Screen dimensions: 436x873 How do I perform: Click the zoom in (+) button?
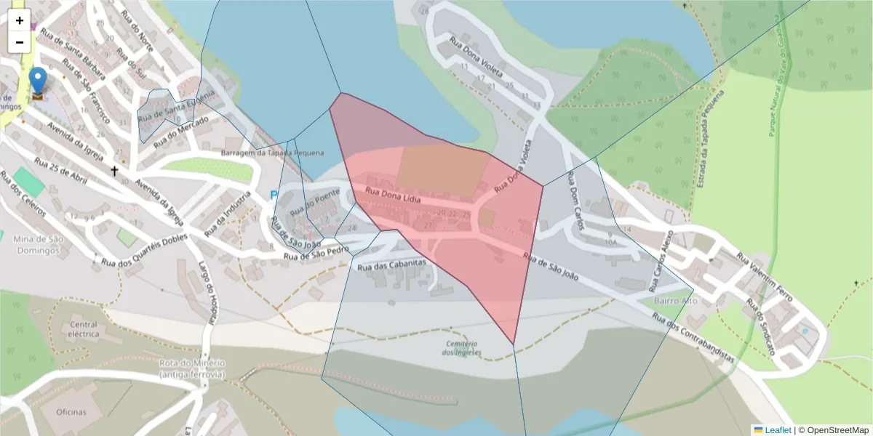point(20,20)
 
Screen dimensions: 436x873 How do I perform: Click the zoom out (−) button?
point(20,42)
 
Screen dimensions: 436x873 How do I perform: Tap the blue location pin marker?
point(37,81)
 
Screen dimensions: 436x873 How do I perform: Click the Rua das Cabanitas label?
point(391,266)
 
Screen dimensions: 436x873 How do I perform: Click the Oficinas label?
point(71,412)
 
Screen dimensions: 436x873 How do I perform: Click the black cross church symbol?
point(114,171)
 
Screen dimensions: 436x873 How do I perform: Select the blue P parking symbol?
point(274,195)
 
